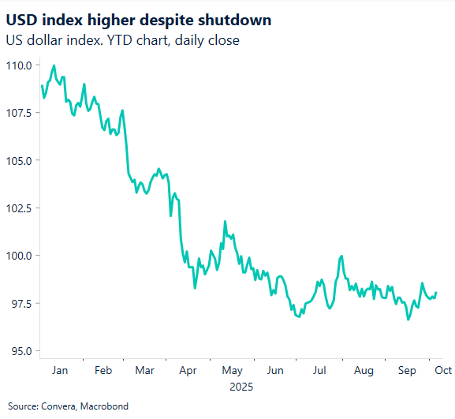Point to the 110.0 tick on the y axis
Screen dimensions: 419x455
coord(18,65)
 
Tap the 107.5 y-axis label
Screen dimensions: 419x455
coord(18,113)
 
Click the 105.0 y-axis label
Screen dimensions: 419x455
coord(18,160)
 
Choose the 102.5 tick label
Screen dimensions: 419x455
coord(18,208)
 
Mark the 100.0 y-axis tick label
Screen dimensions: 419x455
coord(18,256)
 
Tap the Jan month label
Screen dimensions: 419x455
coord(59,369)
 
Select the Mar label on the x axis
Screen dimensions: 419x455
coord(145,369)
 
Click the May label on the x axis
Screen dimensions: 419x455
coord(232,369)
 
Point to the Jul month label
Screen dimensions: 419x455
coord(320,369)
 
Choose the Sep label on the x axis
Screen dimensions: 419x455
coord(407,369)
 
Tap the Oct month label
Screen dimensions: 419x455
coord(442,369)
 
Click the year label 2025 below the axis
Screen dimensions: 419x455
coord(241,387)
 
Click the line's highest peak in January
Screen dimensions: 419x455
coord(54,65)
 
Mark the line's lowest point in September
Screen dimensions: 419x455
coord(408,320)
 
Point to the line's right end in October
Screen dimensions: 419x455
coord(436,293)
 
